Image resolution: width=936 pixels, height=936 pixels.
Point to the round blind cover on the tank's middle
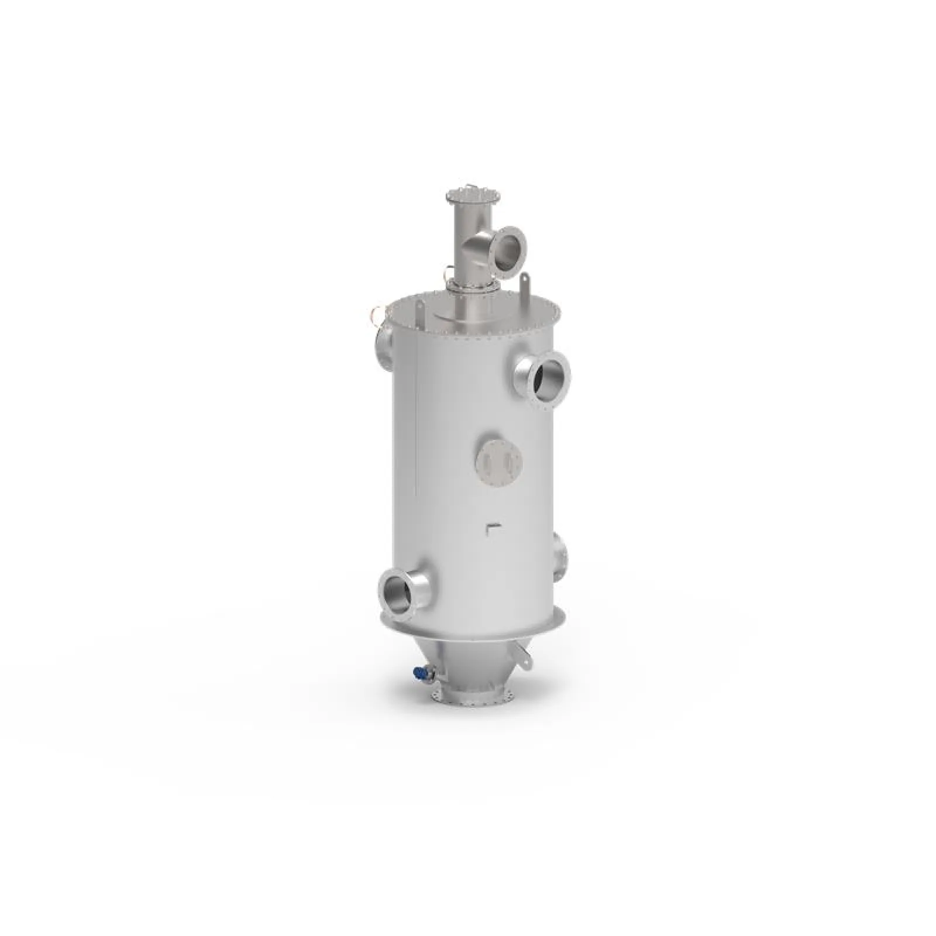(498, 462)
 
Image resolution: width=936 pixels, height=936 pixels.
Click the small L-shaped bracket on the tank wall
(490, 529)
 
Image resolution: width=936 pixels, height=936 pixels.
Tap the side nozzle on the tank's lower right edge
(560, 556)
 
